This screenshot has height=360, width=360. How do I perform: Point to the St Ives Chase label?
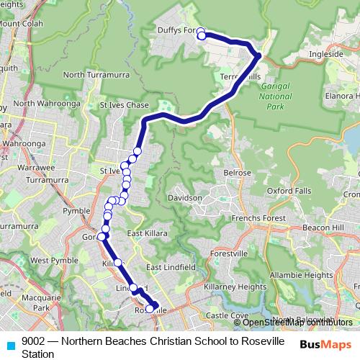coord(123,105)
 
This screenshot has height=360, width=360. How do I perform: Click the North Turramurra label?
coord(94,75)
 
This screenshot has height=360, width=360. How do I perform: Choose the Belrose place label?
coord(238,173)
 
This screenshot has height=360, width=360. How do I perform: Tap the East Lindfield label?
coord(171,267)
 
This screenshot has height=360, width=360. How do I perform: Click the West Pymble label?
coord(49,260)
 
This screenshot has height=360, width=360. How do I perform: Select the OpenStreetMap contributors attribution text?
coord(293,322)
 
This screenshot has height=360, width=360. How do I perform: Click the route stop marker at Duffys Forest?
coord(202,35)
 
